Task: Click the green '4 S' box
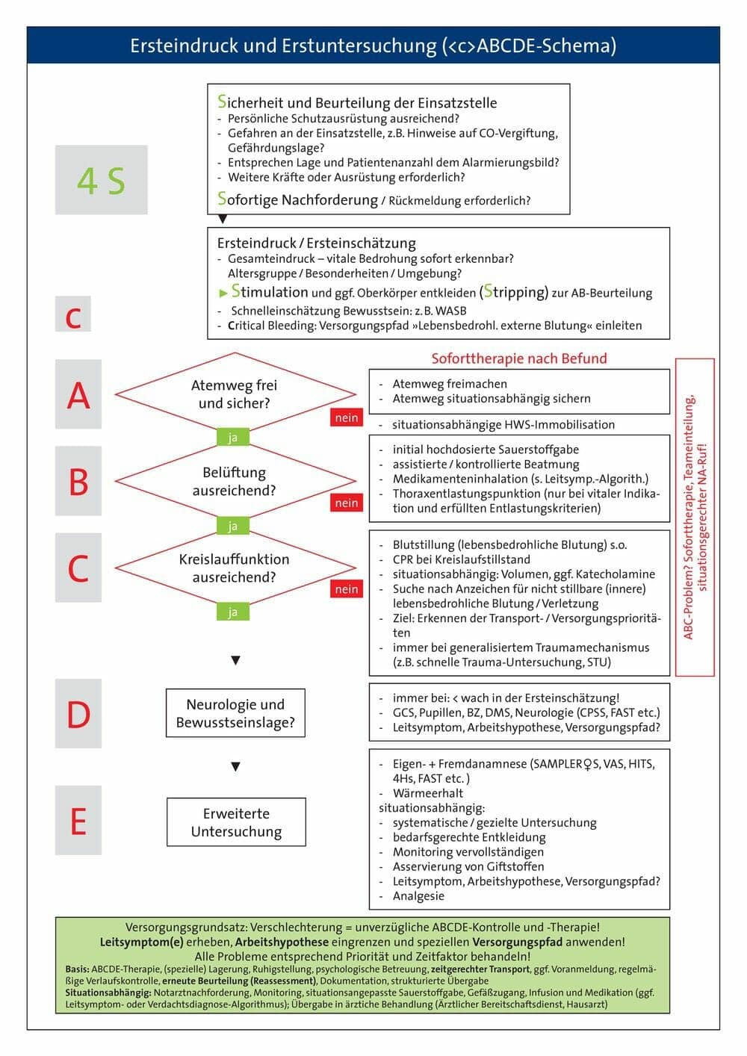(x=101, y=180)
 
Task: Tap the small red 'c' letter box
(x=73, y=314)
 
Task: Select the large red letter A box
(x=78, y=394)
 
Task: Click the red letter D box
(x=78, y=714)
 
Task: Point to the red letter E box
(x=78, y=821)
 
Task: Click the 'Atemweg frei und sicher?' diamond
(x=235, y=394)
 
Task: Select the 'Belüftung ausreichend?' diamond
(x=235, y=482)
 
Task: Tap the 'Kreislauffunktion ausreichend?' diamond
(x=235, y=568)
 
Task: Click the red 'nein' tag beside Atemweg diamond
(x=347, y=417)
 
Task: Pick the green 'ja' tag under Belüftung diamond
(x=232, y=526)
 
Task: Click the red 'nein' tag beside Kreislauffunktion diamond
(x=347, y=589)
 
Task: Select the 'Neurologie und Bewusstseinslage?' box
(x=235, y=713)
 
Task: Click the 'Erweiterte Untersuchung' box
(x=236, y=821)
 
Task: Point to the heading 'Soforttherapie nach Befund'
(x=519, y=358)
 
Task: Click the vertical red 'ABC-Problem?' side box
(x=695, y=517)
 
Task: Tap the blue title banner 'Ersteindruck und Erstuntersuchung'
(x=373, y=46)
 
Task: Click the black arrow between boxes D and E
(x=236, y=766)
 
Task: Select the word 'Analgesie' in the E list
(x=418, y=895)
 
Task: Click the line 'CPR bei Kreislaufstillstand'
(x=461, y=559)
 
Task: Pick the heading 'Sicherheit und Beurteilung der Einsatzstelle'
(x=357, y=102)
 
